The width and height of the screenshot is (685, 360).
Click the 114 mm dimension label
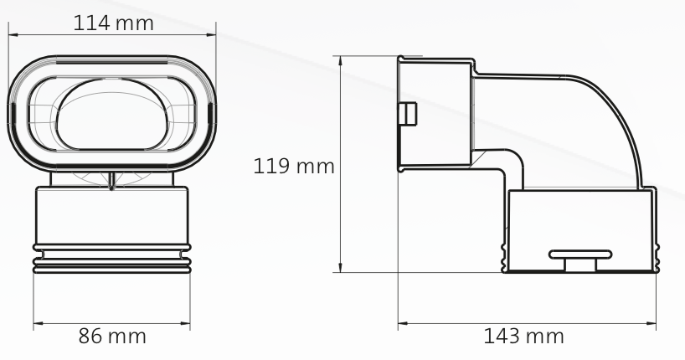point(114,23)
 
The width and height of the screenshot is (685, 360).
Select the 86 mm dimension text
point(112,337)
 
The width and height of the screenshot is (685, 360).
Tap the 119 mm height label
point(294,166)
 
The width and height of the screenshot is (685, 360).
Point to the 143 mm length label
point(524,337)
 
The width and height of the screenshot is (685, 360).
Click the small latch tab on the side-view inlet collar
point(405,113)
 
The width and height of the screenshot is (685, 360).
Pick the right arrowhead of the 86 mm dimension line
point(188,321)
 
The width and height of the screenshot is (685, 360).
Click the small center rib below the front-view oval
point(112,180)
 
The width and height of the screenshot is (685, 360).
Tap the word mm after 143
point(546,337)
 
